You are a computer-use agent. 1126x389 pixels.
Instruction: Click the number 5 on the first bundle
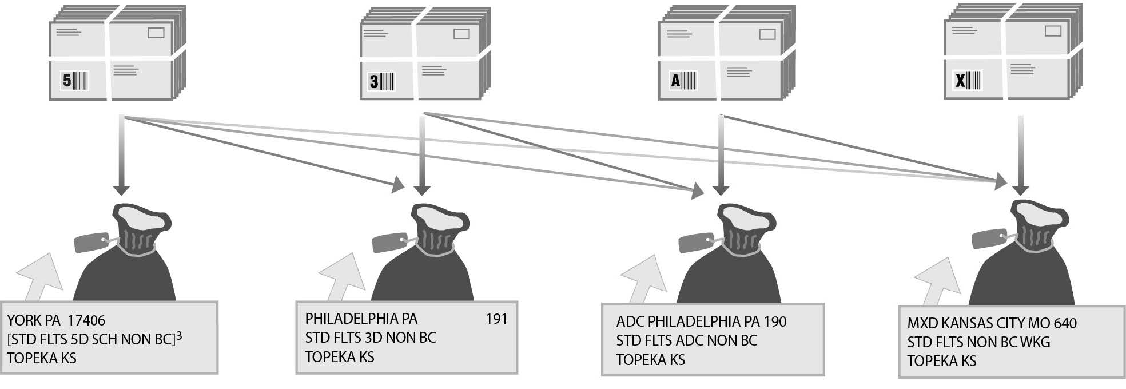pyautogui.click(x=67, y=81)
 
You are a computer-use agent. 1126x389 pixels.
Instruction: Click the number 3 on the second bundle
pyautogui.click(x=374, y=82)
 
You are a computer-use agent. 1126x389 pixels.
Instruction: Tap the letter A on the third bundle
pyautogui.click(x=675, y=81)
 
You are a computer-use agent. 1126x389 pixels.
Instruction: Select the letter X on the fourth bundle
pyautogui.click(x=961, y=81)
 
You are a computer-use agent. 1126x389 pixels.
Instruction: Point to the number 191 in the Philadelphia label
pyautogui.click(x=496, y=319)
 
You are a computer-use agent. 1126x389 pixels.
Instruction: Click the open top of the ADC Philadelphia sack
pyautogui.click(x=741, y=217)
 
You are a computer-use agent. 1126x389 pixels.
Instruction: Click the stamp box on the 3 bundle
pyautogui.click(x=461, y=34)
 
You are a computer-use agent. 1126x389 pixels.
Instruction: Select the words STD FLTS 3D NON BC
pyautogui.click(x=370, y=338)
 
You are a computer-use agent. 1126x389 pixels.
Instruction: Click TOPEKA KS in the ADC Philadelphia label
pyautogui.click(x=650, y=360)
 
